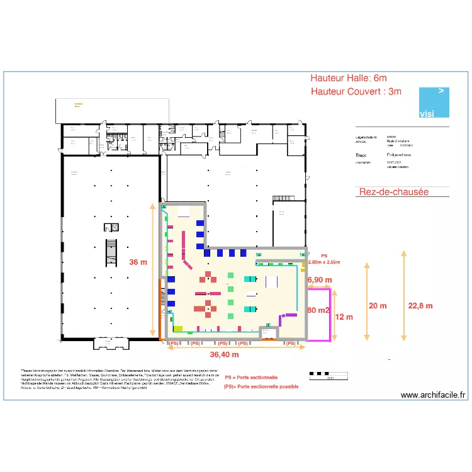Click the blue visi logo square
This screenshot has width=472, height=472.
[x=434, y=103]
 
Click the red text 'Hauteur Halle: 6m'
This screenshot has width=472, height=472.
[x=349, y=78]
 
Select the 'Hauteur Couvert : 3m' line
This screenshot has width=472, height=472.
[x=356, y=92]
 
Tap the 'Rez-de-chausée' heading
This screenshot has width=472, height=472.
[x=393, y=192]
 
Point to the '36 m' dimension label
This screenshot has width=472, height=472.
[x=138, y=262]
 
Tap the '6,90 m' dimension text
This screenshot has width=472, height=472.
[x=319, y=279]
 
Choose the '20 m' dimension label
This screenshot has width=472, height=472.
[x=378, y=306]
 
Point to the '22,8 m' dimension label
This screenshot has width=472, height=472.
[x=420, y=306]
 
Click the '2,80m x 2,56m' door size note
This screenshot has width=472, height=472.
[x=324, y=262]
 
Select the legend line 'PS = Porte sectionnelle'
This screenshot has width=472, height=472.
[x=251, y=378]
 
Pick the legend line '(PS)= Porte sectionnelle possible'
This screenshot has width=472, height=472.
[x=261, y=386]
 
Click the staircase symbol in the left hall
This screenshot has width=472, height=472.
[x=111, y=251]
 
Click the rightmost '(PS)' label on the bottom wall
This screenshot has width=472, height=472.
[x=291, y=344]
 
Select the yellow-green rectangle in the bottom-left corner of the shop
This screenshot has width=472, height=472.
[x=177, y=329]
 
